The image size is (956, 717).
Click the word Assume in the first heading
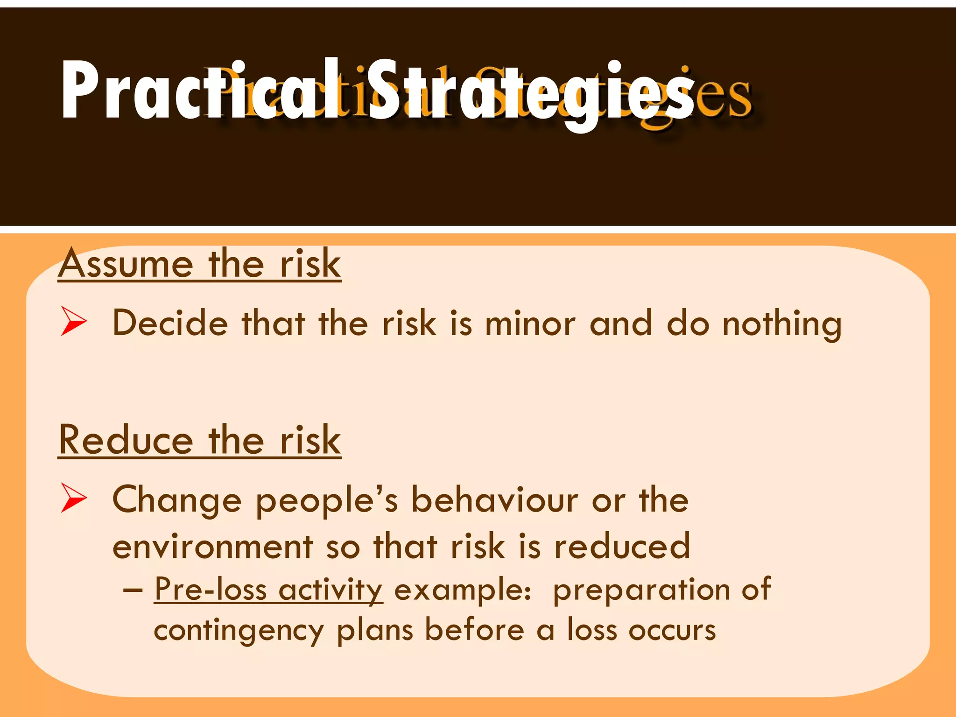(126, 264)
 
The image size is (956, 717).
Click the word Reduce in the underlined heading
(126, 440)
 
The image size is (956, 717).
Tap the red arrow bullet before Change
(73, 498)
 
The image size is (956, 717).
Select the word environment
(213, 546)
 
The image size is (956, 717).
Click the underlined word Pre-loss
(211, 589)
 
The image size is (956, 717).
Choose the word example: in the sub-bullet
(463, 590)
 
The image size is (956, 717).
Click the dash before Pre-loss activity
(133, 590)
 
